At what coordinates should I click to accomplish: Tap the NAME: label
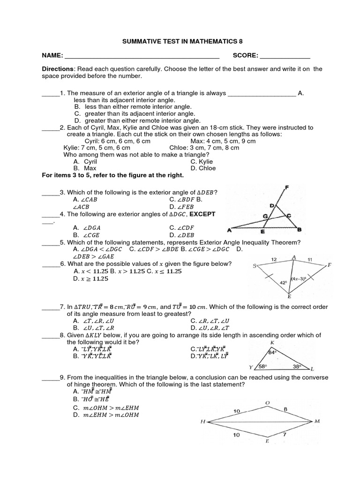click(x=52, y=55)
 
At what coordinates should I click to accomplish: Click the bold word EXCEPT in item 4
click(x=202, y=214)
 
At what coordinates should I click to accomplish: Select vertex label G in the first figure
click(x=265, y=216)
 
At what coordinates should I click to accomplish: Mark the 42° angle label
click(x=283, y=283)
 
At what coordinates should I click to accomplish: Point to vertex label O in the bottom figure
click(x=267, y=403)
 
